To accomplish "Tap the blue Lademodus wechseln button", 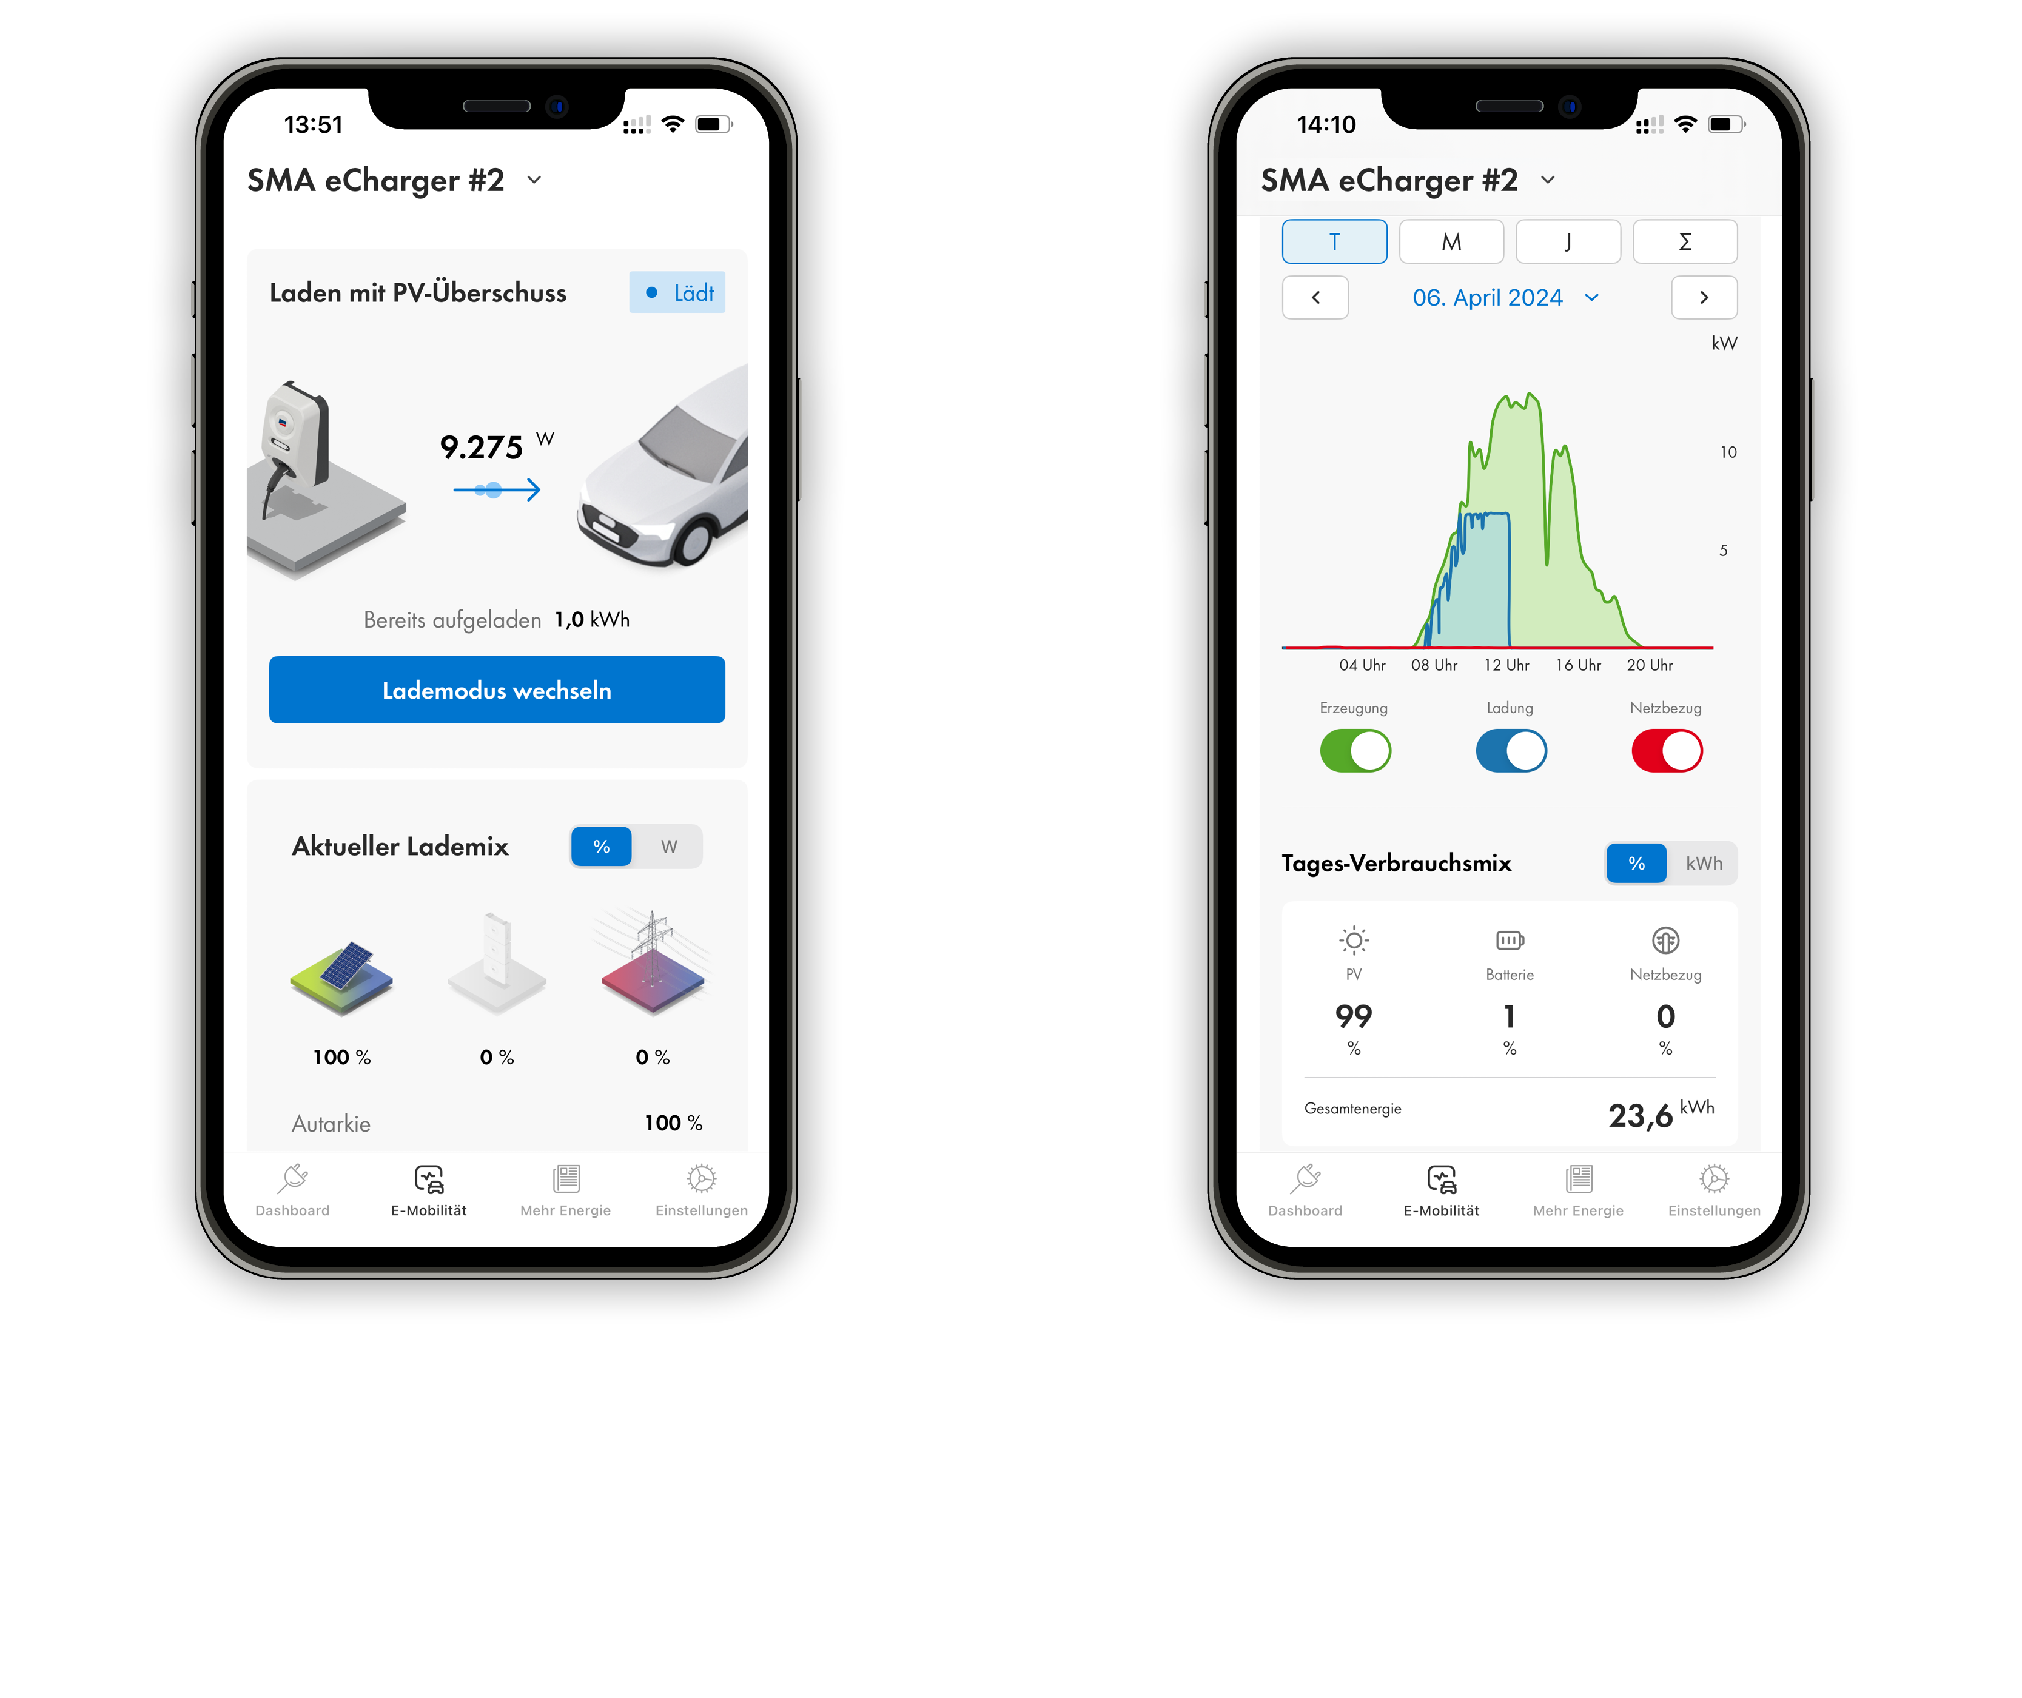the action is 497,690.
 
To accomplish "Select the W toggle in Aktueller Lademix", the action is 668,846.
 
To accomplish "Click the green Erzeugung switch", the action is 1355,751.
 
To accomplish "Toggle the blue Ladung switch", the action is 1511,751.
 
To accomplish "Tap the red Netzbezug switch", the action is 1667,751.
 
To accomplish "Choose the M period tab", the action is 1451,241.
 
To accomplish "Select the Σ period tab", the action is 1685,241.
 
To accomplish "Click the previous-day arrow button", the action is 1315,297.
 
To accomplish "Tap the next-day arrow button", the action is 1704,297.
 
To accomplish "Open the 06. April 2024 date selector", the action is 1505,297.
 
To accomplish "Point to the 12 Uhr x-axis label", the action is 1506,665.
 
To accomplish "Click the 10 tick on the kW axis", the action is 1728,452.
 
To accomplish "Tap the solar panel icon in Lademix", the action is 342,977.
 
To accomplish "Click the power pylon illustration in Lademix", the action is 653,962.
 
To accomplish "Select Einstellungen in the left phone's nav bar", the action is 701,1190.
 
